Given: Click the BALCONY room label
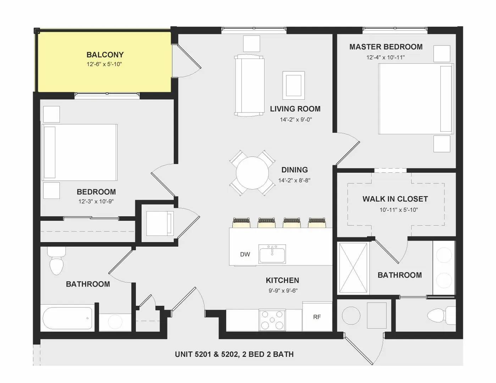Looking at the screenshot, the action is (105, 55).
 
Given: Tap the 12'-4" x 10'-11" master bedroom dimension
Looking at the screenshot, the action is (386, 57).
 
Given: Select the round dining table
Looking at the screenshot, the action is (252, 173).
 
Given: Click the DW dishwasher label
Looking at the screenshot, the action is (245, 254).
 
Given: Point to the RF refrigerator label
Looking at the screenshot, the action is (317, 317).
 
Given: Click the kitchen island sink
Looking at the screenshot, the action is (272, 254).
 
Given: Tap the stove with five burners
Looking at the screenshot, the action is (272, 320).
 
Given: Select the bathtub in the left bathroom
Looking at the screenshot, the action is (67, 318).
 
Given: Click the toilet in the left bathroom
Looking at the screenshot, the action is (56, 261).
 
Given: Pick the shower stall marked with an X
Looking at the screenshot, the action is (353, 268).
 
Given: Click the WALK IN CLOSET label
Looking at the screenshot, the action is (395, 199).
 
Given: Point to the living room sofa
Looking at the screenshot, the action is (249, 85).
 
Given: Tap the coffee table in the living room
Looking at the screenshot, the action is (293, 85).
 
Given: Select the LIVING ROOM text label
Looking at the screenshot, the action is (295, 109).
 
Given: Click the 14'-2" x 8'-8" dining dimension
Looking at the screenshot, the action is (294, 181).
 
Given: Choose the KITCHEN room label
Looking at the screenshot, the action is (282, 280).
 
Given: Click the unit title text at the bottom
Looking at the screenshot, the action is (234, 354).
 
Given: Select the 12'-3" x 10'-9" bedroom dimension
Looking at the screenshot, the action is (96, 201).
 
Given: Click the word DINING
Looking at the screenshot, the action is (294, 170).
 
